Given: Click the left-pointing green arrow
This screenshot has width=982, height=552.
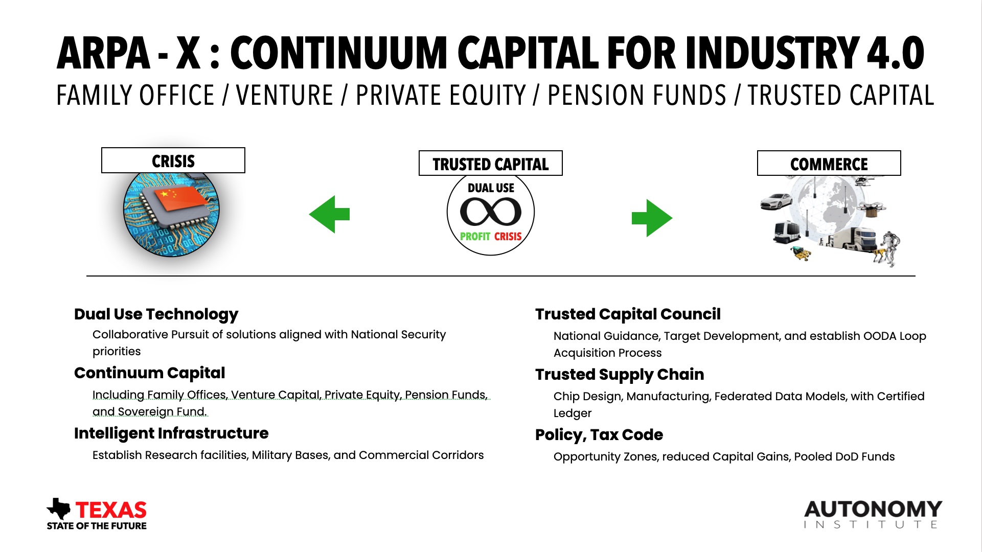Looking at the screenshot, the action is click(329, 214).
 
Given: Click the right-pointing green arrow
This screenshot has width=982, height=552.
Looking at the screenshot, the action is click(652, 218).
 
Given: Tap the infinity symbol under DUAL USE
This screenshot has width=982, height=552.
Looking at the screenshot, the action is click(491, 212).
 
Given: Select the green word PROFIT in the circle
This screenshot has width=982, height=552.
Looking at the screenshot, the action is click(475, 236).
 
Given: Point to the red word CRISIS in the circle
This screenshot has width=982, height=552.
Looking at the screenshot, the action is click(508, 236).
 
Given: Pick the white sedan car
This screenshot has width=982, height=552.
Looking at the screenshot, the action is click(776, 201).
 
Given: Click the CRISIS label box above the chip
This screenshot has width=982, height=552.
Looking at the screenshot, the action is click(173, 160).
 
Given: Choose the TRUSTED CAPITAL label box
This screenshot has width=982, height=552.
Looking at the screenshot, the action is click(491, 164).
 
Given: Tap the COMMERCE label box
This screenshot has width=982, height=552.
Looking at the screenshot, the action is click(829, 164).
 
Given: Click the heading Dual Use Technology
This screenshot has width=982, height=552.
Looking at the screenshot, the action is click(156, 314).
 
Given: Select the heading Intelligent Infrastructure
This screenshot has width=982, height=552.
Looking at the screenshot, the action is click(171, 433).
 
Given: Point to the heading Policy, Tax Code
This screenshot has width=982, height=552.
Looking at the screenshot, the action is click(599, 434).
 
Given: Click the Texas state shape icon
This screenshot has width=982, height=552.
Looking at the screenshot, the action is click(59, 509).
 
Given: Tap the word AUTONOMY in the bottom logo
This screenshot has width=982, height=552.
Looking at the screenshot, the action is click(873, 509).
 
